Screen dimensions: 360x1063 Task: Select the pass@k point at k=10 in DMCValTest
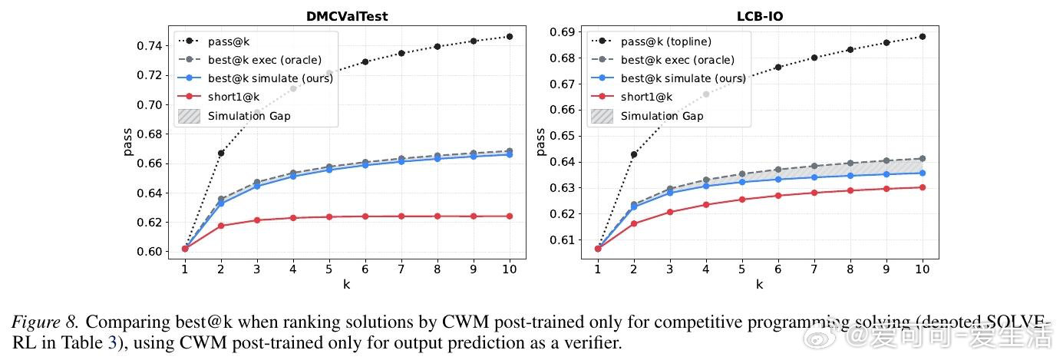[509, 36]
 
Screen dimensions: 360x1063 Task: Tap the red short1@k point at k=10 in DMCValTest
[509, 216]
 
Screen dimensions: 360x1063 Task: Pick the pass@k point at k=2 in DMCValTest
[221, 153]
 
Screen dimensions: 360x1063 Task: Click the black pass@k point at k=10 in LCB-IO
[922, 36]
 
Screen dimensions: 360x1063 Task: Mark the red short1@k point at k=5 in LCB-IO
[741, 200]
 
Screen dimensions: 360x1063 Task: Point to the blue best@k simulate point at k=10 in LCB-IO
[922, 173]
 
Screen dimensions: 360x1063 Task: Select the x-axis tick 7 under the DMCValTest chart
[401, 269]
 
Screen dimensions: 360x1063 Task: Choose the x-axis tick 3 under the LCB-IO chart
[669, 269]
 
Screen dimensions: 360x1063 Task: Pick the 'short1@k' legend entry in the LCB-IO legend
[646, 97]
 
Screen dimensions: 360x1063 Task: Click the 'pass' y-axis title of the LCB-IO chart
[541, 141]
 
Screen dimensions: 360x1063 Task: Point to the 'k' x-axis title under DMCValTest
[347, 285]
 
